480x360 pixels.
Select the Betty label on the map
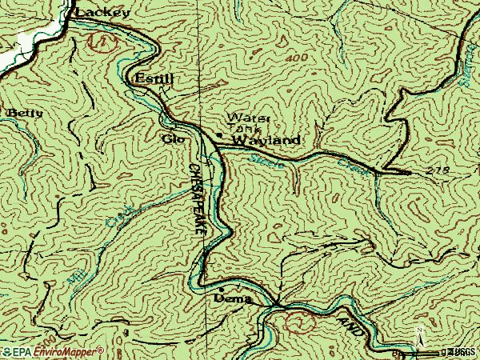(x=25, y=114)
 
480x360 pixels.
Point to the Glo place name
(x=172, y=138)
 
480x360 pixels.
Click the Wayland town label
(x=266, y=141)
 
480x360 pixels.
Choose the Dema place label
(x=233, y=299)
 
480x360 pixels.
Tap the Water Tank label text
(x=249, y=122)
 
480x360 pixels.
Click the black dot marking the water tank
(x=219, y=134)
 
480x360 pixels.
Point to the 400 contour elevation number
(x=299, y=61)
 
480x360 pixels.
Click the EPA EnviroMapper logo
(x=52, y=351)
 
